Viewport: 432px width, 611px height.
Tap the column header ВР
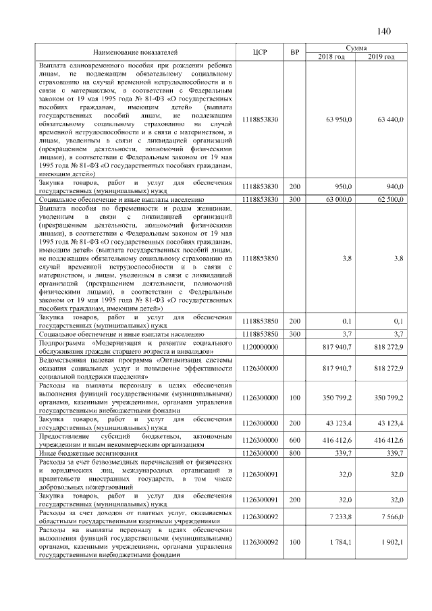(x=294, y=52)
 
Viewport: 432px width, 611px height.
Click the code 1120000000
(x=260, y=346)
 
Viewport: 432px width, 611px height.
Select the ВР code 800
(x=294, y=453)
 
